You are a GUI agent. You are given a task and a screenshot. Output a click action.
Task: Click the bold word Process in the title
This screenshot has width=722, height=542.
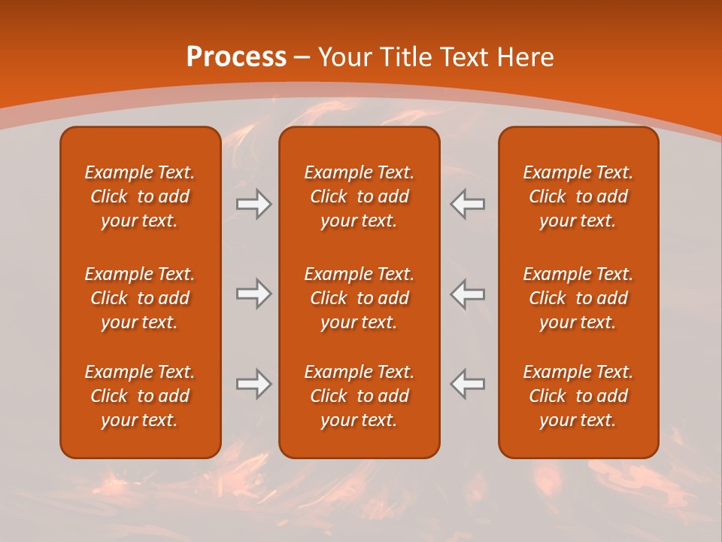pos(236,57)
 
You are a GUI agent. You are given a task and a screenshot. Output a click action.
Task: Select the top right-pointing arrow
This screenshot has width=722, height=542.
pos(253,204)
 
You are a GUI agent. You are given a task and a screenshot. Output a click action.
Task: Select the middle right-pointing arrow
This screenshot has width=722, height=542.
pos(253,294)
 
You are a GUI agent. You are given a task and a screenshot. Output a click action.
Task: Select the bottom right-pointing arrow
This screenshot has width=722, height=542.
pos(253,384)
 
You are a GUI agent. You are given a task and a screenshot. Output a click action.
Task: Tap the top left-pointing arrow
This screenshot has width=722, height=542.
pos(468,204)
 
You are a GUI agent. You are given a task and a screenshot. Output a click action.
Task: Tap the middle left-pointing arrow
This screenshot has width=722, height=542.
pos(468,294)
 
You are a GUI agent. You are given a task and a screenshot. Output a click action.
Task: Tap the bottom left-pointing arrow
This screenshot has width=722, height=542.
pos(468,384)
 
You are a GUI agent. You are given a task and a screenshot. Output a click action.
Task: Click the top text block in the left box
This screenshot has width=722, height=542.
pos(140,196)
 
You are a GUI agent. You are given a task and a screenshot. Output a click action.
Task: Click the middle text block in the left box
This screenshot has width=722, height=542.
pos(140,298)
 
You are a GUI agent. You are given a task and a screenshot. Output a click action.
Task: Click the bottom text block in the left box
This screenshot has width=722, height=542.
pos(140,396)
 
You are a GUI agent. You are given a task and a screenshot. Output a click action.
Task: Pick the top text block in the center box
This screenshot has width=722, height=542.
pos(359,196)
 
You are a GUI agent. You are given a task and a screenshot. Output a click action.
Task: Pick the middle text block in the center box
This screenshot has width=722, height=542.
pos(359,298)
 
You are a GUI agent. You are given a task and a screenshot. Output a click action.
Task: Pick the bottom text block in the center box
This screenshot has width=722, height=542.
pos(359,396)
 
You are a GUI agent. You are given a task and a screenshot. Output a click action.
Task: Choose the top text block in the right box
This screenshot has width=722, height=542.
pos(578,196)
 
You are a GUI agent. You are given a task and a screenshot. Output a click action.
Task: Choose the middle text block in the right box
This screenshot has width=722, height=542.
pos(578,298)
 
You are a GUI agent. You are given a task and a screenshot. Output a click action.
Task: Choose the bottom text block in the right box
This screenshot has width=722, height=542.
pos(578,396)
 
